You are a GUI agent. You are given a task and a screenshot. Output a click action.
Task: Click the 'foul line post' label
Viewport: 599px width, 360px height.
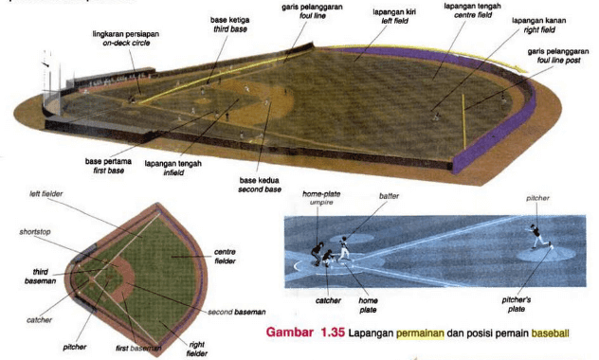(x=555, y=61)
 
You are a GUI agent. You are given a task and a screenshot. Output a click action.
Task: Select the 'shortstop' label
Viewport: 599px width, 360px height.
(x=36, y=230)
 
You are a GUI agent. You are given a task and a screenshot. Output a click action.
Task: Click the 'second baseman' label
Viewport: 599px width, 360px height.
(x=237, y=312)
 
